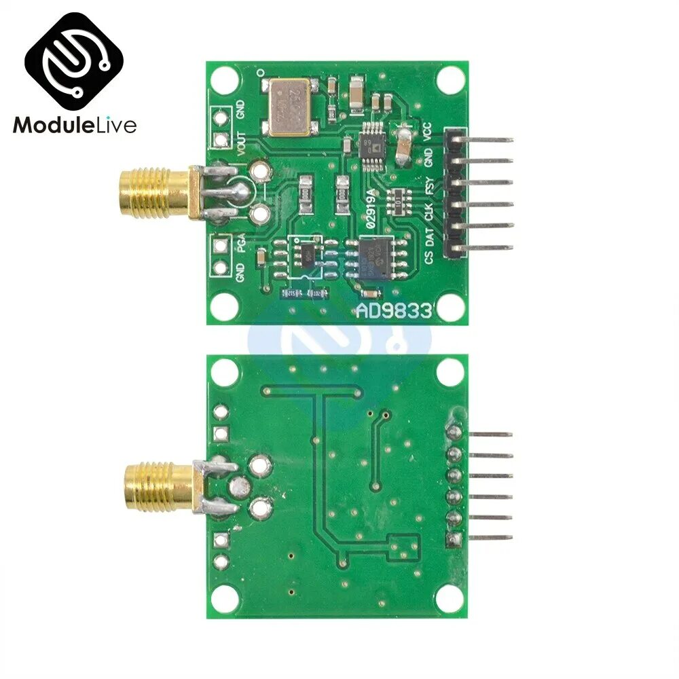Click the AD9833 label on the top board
(x=394, y=311)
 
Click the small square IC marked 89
(x=372, y=143)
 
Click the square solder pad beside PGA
(x=220, y=245)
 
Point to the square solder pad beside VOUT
(x=220, y=141)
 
